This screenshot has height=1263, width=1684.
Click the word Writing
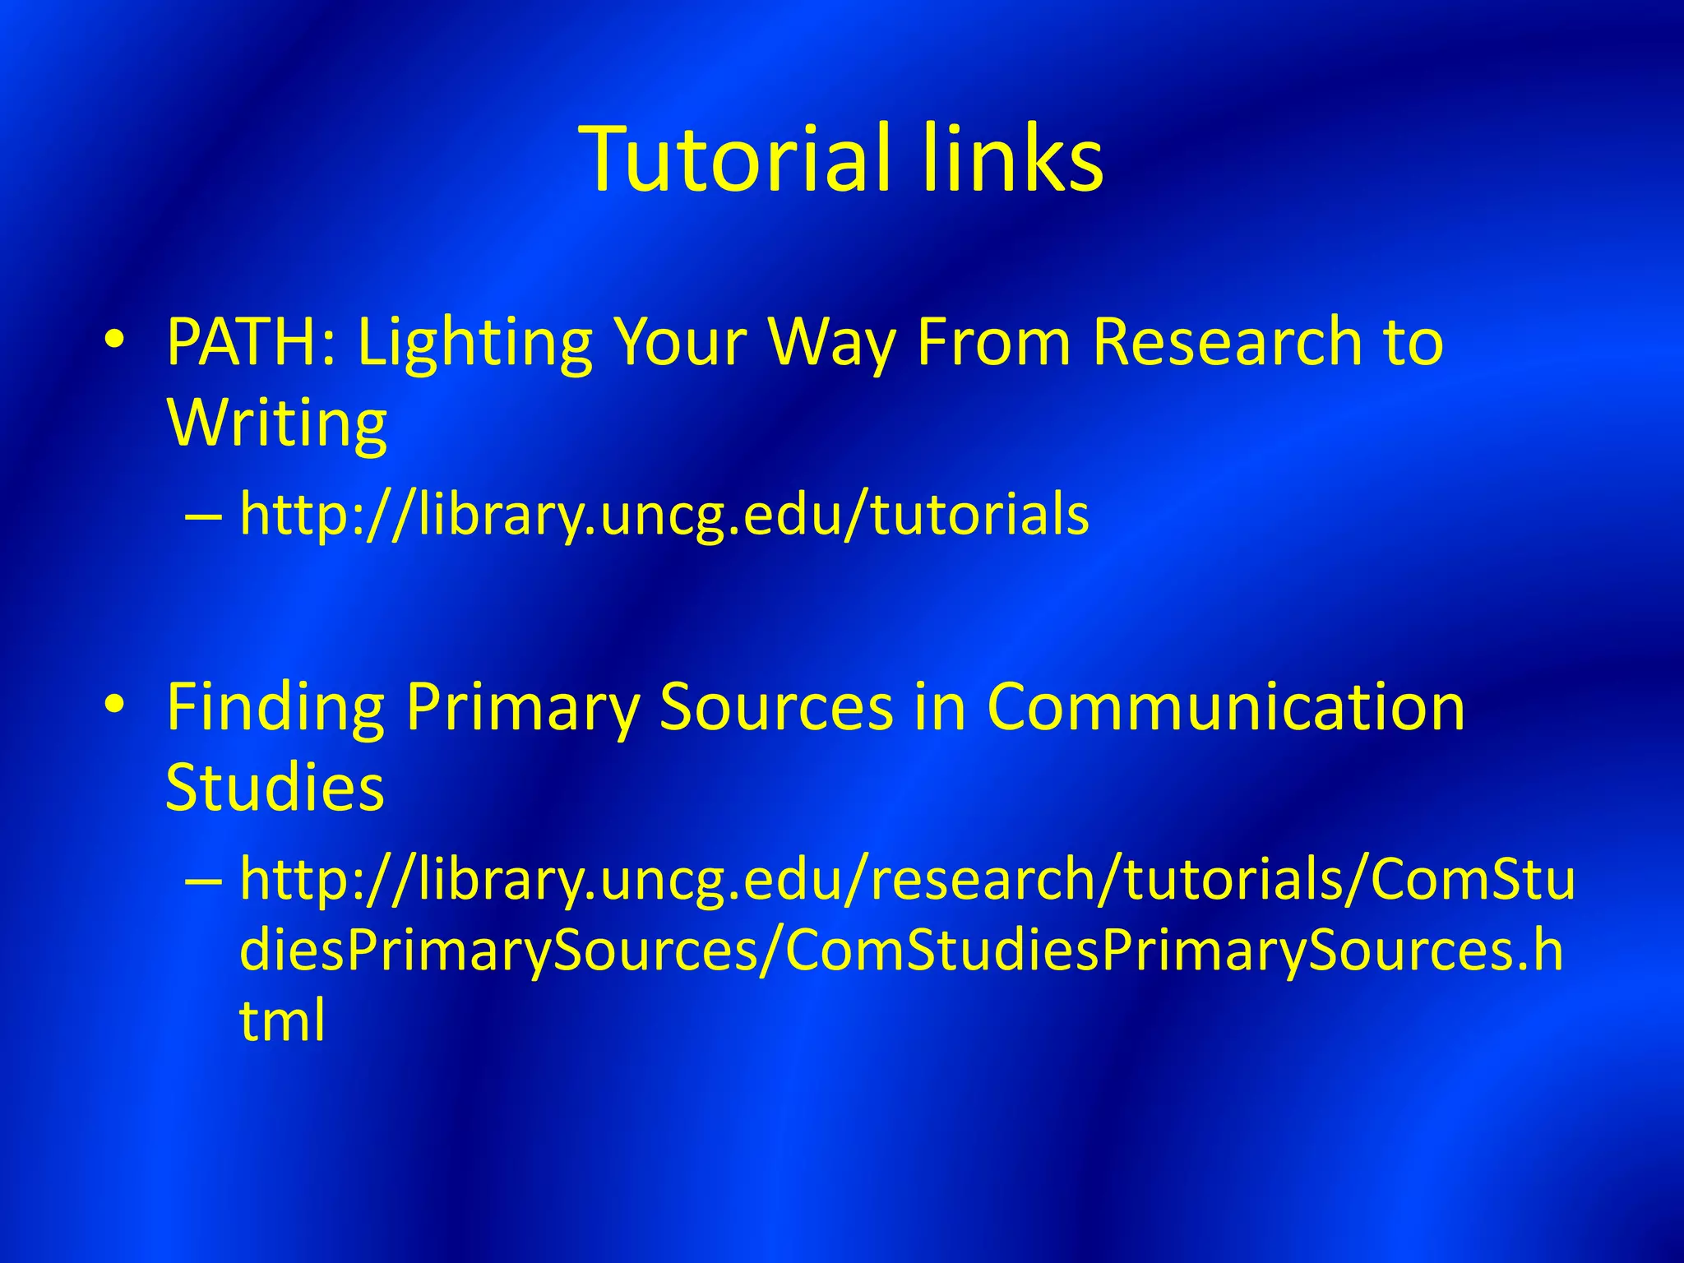tap(276, 424)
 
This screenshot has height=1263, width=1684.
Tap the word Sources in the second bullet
tap(775, 707)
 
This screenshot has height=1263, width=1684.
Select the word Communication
tap(1225, 707)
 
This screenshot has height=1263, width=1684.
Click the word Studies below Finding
tap(275, 787)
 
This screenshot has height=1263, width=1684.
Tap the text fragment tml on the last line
tap(282, 1020)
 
